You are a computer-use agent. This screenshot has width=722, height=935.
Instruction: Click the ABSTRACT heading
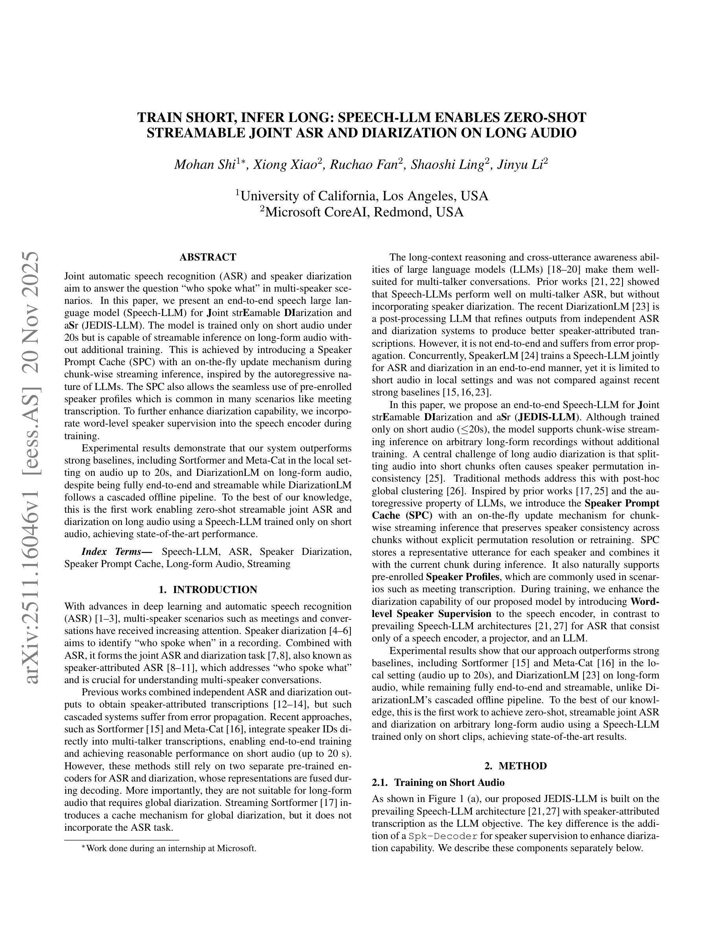[208, 257]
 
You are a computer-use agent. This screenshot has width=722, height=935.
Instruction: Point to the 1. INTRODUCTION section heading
[208, 589]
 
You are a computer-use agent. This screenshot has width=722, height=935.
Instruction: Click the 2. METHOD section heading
[516, 766]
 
